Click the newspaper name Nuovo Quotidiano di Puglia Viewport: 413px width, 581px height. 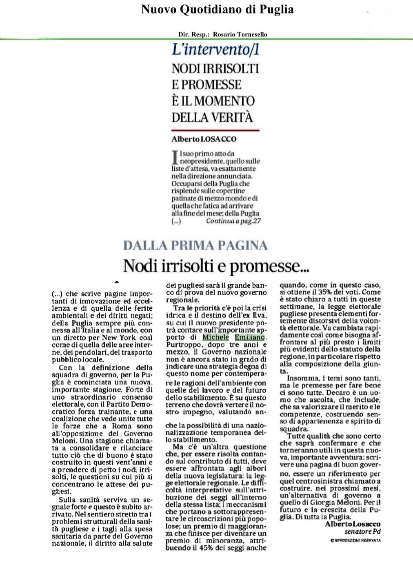coord(217,9)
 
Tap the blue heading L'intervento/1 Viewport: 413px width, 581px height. coord(215,50)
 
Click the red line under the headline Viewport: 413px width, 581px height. coord(215,130)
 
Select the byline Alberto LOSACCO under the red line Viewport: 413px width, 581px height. coord(204,139)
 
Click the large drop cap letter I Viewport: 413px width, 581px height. coord(175,157)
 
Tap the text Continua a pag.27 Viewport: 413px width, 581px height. coord(233,221)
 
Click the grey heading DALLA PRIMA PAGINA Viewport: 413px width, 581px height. coord(195,245)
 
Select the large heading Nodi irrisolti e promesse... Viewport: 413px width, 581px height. coord(216,266)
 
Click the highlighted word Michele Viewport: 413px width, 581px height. coord(215,337)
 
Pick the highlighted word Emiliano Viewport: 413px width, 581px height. coord(250,337)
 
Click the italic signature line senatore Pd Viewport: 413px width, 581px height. coord(362,532)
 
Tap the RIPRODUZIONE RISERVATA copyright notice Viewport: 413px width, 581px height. coord(355,541)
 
